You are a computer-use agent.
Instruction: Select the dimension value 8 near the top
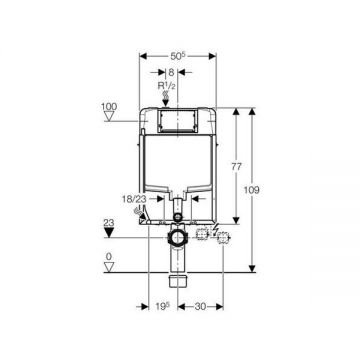(x=173, y=73)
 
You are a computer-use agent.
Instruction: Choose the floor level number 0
(x=108, y=257)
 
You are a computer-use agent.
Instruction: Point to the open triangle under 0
(x=108, y=268)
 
